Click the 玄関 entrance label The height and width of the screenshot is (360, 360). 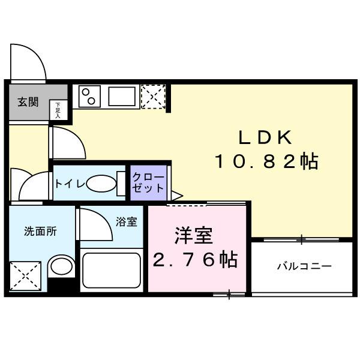click(x=28, y=102)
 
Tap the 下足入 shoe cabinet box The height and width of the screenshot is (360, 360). click(x=59, y=110)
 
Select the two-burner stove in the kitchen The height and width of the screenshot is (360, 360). click(x=89, y=96)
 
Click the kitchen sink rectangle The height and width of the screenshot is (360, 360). click(x=122, y=96)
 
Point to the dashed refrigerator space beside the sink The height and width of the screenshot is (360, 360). click(x=153, y=97)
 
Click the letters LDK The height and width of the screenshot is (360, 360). click(x=265, y=137)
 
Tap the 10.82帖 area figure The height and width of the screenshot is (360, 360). click(x=266, y=161)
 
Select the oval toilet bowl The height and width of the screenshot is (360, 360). click(x=101, y=184)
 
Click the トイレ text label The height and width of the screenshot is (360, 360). click(x=70, y=184)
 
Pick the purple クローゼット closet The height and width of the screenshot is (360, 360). click(x=149, y=183)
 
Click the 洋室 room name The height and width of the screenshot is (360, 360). click(x=194, y=235)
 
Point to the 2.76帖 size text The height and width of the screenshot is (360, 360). click(x=195, y=260)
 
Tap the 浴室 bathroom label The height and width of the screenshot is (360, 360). click(x=126, y=222)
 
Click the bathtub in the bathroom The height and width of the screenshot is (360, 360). click(x=112, y=270)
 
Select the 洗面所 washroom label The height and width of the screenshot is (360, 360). click(x=40, y=231)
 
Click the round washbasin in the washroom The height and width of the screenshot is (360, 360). click(x=61, y=266)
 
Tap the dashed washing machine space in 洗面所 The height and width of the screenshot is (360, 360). click(x=25, y=276)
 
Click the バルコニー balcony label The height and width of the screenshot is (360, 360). click(x=304, y=266)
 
